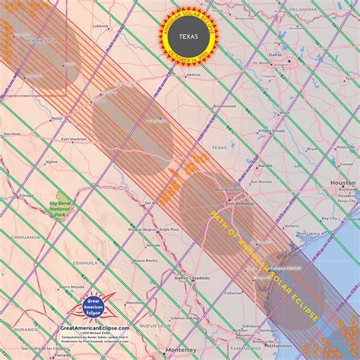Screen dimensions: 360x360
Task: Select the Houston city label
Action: tap(343, 183)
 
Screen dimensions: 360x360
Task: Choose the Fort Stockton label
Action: tap(74, 139)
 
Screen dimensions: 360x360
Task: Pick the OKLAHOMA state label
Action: tap(306, 9)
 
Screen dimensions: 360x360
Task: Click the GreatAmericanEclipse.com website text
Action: tap(94, 327)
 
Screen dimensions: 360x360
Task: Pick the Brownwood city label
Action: tap(225, 106)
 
